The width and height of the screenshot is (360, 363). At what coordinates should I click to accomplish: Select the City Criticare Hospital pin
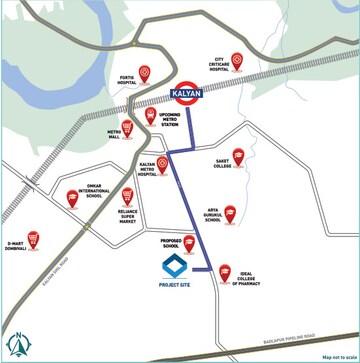coord(237,58)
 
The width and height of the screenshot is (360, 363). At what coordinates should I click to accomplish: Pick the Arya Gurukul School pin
coord(230,212)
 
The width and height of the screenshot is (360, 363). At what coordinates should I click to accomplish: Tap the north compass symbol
coord(16,345)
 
